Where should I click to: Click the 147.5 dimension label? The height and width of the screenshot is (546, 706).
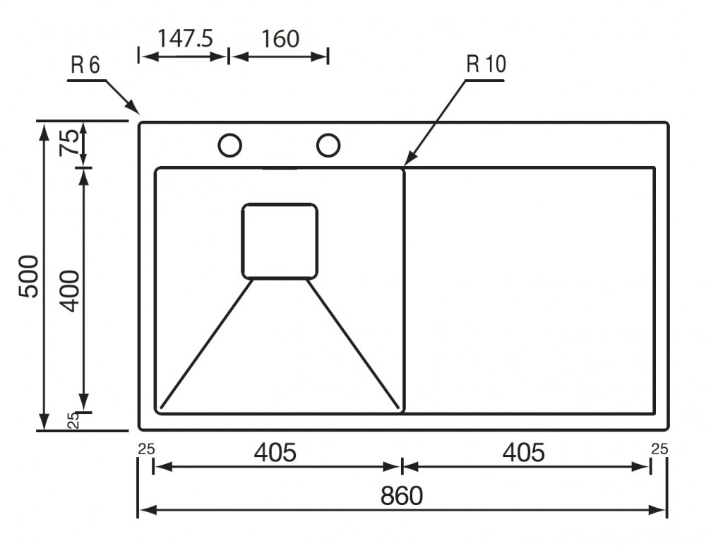coord(185,38)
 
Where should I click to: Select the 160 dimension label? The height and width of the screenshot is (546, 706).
coord(280,39)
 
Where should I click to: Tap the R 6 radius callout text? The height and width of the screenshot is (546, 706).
coord(85,65)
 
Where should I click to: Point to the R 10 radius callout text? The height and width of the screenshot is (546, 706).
coord(486,64)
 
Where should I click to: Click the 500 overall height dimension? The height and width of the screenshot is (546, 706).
coord(29,276)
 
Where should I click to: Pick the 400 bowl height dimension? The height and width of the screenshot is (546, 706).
coord(70,291)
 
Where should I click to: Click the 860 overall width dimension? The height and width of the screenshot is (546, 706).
coord(402,496)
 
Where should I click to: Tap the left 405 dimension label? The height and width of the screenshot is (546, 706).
coord(275,452)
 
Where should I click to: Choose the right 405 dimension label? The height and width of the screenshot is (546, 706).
coord(524,452)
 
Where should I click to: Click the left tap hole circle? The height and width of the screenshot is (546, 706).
coord(229,133)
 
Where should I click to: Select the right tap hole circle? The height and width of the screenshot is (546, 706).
coord(328,133)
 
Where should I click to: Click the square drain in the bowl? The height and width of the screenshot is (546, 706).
coord(280,204)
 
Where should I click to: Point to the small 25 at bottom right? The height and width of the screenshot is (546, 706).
coord(659,449)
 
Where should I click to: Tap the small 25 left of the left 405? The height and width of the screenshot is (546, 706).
coord(146,449)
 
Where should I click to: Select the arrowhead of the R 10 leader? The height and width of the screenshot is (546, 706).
coord(408,160)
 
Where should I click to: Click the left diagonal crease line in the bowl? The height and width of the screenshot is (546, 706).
coord(206,344)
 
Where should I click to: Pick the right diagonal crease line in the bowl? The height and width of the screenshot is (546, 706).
coord(353,344)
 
